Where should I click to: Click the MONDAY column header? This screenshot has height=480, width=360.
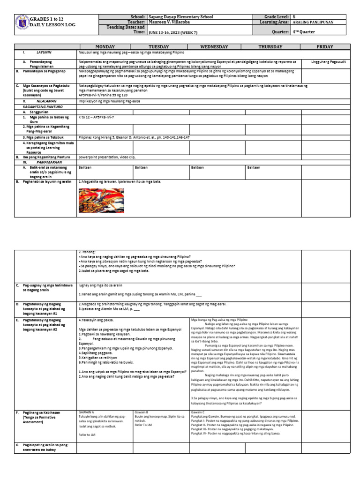(x=105, y=47)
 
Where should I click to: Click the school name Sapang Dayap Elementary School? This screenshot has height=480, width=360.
(x=180, y=16)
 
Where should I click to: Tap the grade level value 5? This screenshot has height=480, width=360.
(x=293, y=16)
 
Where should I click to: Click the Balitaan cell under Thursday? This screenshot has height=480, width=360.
(x=254, y=167)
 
